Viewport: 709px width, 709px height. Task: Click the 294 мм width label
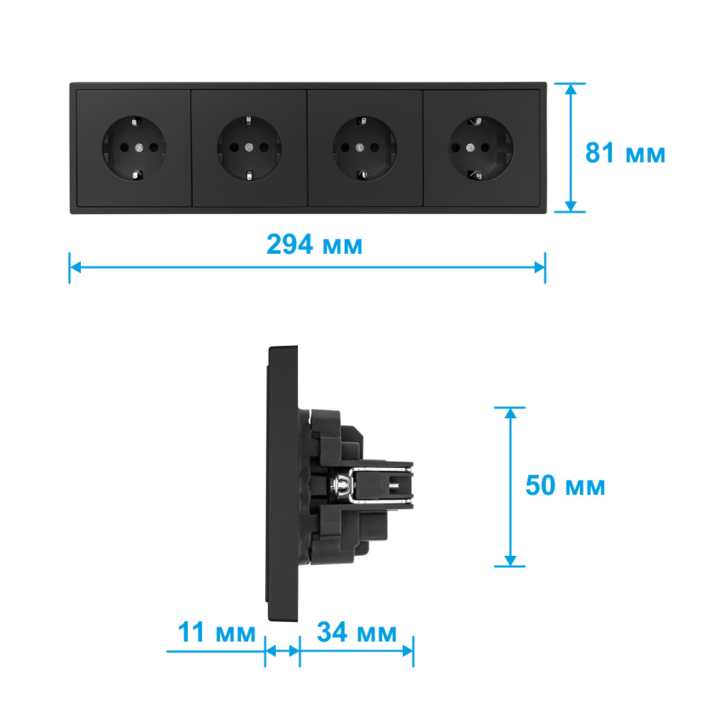[x=314, y=245]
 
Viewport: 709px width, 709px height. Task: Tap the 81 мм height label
[x=625, y=153]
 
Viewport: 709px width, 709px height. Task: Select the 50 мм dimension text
[x=565, y=486]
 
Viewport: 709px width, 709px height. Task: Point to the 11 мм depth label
[x=216, y=632]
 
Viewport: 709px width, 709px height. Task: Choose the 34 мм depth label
[x=357, y=632]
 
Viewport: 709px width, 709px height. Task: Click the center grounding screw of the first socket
[x=139, y=147]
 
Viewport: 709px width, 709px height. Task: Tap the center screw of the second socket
[x=249, y=147]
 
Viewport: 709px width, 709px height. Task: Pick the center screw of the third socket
[x=360, y=147]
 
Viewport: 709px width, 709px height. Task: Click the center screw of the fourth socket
[x=470, y=147]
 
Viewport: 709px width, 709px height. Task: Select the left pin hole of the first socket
[x=124, y=147]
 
